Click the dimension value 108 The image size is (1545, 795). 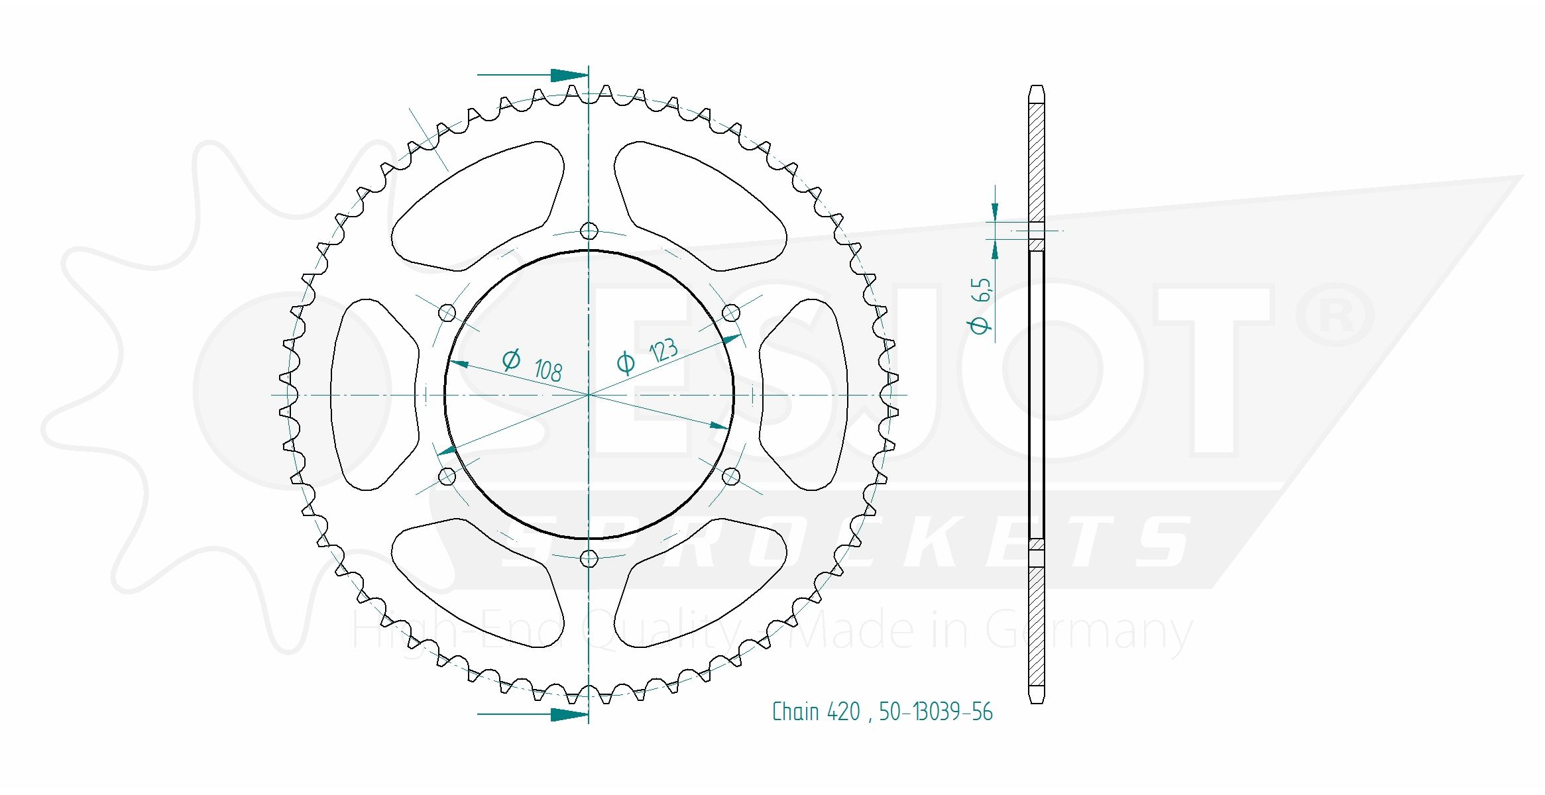point(548,371)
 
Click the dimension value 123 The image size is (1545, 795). point(663,350)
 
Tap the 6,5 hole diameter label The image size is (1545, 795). point(982,290)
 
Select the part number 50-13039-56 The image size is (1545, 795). point(935,712)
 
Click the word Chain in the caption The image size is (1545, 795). point(795,712)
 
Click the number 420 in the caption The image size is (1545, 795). point(843,712)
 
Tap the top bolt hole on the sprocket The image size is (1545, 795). point(589,231)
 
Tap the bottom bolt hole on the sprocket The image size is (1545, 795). point(589,559)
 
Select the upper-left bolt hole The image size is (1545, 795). point(447,313)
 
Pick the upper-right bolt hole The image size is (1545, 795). point(730,313)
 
